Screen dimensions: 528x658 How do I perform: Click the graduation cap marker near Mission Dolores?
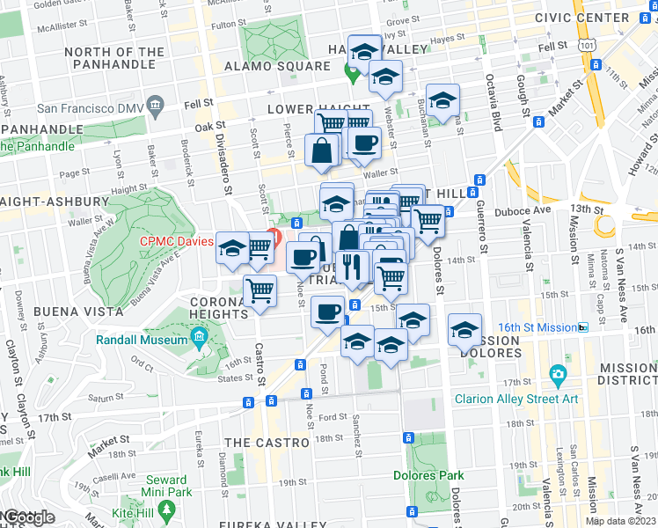tap(464, 331)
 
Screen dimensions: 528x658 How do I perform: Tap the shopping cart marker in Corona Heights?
tap(260, 290)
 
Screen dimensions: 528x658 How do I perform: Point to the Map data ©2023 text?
tap(621, 521)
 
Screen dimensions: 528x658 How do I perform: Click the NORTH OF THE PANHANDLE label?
tap(113, 58)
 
